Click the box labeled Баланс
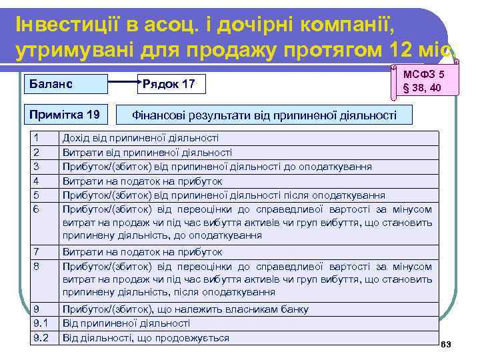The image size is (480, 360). click(x=65, y=85)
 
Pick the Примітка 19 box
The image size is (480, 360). click(x=65, y=115)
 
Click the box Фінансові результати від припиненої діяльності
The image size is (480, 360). click(x=265, y=115)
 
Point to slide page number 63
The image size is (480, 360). click(x=447, y=344)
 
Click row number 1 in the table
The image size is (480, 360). click(x=37, y=138)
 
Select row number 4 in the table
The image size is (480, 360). click(x=37, y=181)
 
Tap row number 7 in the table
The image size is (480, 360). click(x=37, y=252)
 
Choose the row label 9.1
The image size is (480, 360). click(x=41, y=323)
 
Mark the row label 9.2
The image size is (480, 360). click(x=41, y=338)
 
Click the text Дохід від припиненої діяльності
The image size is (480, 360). click(x=141, y=138)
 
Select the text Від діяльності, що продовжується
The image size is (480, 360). click(x=145, y=338)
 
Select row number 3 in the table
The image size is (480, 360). click(x=37, y=166)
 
